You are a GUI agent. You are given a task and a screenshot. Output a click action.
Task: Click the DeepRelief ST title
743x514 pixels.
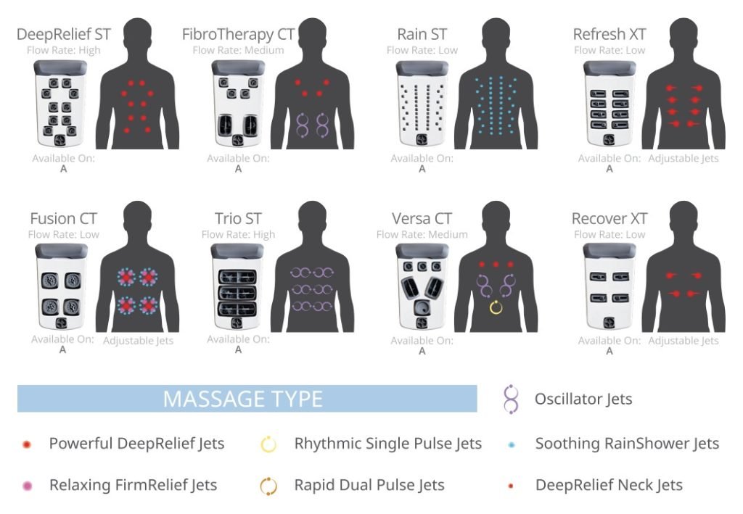click(64, 34)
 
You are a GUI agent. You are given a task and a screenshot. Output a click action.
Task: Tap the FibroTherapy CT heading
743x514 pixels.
click(238, 34)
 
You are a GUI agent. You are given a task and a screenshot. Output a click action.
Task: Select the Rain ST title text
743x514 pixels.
click(422, 34)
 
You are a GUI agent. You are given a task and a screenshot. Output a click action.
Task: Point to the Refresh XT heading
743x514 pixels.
click(609, 34)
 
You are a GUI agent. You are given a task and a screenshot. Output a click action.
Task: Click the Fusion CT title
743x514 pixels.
click(64, 219)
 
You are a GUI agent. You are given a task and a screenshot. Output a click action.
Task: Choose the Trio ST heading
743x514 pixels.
click(238, 219)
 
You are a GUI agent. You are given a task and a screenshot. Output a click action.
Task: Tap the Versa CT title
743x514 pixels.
click(422, 219)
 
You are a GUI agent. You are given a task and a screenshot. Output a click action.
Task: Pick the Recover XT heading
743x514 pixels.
click(609, 219)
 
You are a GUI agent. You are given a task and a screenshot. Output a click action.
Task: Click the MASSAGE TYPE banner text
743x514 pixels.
click(242, 399)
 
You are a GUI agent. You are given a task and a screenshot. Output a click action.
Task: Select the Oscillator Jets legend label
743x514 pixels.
click(583, 399)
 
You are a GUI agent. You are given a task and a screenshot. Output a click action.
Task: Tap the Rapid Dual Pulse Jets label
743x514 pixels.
click(369, 485)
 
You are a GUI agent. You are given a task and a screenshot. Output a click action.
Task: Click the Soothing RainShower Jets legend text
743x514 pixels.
click(627, 444)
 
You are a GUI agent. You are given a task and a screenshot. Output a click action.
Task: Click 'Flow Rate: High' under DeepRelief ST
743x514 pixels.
click(64, 50)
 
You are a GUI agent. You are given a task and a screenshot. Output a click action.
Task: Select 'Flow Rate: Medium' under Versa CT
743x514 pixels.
click(422, 234)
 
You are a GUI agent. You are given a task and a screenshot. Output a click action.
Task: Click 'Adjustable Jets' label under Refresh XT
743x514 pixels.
click(683, 159)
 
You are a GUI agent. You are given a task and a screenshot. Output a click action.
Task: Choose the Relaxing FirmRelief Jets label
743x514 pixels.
click(134, 485)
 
